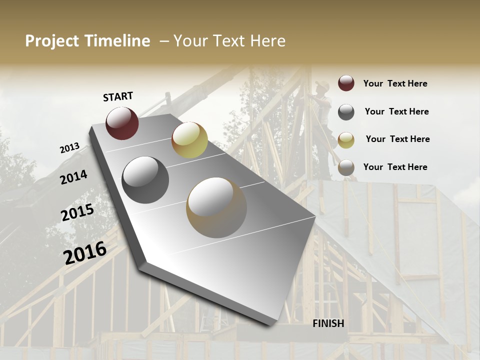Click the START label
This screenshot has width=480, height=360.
point(118,96)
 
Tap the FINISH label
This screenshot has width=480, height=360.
point(328,323)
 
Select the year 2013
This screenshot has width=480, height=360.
point(69,148)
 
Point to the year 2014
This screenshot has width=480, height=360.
point(73,177)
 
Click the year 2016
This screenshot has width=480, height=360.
point(85,252)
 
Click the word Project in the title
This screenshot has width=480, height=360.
point(52,41)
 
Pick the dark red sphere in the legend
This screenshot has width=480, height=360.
point(346,83)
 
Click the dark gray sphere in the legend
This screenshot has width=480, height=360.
point(346,112)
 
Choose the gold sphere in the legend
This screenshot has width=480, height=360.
point(346,140)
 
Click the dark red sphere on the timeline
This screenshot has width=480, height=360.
point(122,123)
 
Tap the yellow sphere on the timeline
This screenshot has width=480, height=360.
point(189,140)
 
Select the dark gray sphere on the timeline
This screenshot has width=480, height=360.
point(145,180)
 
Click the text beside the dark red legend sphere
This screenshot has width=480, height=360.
point(395,83)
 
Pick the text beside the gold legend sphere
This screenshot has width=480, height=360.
point(397,139)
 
